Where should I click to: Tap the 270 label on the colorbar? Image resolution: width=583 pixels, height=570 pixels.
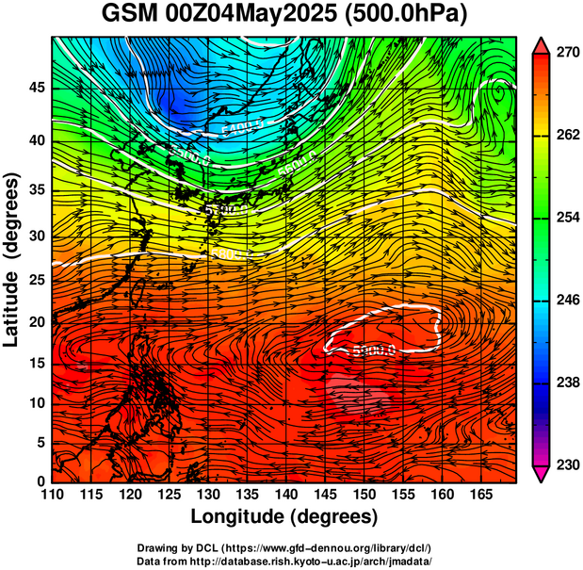[568, 54]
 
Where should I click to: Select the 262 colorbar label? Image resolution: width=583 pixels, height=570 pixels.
[568, 136]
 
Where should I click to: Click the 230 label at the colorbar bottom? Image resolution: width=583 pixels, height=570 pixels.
[568, 464]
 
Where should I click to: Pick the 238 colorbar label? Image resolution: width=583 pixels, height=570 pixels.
[568, 383]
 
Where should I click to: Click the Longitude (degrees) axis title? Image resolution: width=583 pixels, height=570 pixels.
[284, 516]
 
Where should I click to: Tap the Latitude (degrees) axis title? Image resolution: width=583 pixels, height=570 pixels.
[13, 260]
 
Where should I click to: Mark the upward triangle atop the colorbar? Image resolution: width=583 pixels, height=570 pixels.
[541, 45]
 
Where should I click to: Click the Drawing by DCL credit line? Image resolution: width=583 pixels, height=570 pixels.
[284, 547]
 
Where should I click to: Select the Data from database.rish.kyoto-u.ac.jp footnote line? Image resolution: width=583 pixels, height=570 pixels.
[284, 561]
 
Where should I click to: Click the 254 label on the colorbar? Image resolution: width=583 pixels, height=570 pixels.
[568, 218]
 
